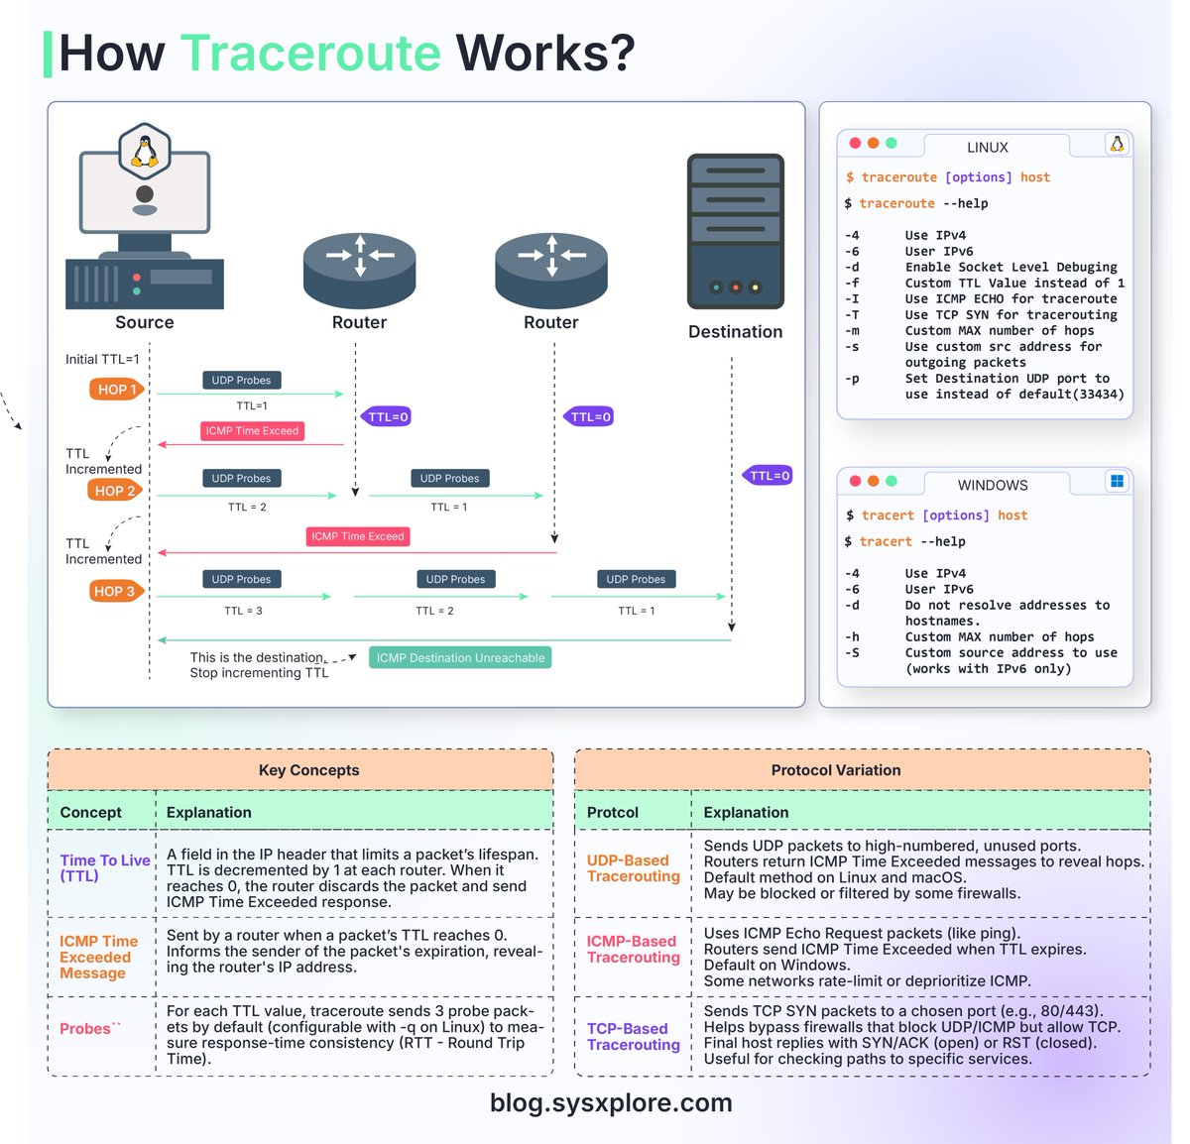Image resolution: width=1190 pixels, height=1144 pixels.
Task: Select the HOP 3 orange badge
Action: [116, 592]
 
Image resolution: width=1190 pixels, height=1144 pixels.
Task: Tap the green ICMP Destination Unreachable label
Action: [460, 658]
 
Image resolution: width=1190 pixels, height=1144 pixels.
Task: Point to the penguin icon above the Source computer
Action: [145, 152]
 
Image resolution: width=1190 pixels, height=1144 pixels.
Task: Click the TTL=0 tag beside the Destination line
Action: [769, 476]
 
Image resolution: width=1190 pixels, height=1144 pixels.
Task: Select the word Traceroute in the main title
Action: [310, 54]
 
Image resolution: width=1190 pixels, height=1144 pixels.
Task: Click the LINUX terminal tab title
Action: [988, 148]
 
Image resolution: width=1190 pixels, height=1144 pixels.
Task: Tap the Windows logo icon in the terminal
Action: [1118, 482]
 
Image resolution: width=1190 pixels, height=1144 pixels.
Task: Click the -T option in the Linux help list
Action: [852, 315]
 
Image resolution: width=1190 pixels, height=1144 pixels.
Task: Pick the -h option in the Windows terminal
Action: [852, 637]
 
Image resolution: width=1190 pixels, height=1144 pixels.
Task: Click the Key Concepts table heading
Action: [308, 770]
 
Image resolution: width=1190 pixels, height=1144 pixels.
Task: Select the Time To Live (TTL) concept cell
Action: [104, 868]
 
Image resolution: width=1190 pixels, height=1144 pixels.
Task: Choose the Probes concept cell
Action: [86, 1029]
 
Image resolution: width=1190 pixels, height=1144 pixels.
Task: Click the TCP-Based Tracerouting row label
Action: [633, 1037]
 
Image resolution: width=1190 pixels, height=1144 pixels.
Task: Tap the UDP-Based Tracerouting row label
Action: [633, 868]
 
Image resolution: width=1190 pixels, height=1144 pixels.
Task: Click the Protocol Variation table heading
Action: [836, 770]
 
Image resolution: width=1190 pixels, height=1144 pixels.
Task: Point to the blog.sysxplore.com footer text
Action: [611, 1103]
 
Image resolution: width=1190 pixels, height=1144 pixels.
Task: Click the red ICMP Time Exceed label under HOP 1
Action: [252, 431]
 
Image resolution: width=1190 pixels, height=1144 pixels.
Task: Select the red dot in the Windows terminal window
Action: [855, 482]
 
